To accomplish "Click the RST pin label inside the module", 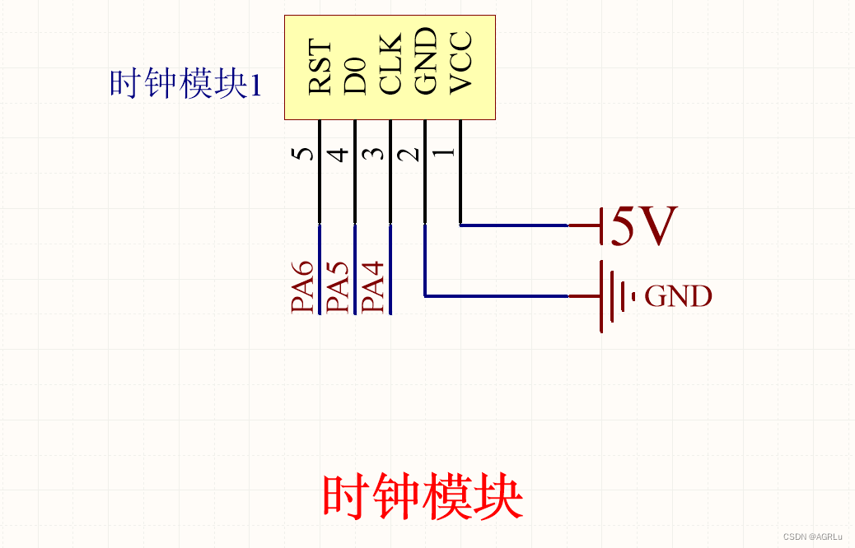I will coord(320,68).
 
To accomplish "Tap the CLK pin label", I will coord(390,63).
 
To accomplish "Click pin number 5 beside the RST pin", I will coord(304,154).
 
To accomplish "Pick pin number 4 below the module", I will coord(339,154).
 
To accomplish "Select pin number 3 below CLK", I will coord(375,154).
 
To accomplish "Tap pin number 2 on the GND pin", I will coord(410,154).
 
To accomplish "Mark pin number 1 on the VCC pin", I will coord(445,153).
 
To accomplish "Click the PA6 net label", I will coord(303,286).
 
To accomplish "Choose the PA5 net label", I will coord(339,286).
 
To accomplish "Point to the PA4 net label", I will coord(374,286).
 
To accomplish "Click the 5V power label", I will coord(644,227).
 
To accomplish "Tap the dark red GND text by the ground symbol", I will coord(678,296).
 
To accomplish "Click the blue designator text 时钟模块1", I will coord(185,84).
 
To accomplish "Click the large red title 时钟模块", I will coord(423,496).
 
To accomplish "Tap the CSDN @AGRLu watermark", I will coord(812,536).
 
